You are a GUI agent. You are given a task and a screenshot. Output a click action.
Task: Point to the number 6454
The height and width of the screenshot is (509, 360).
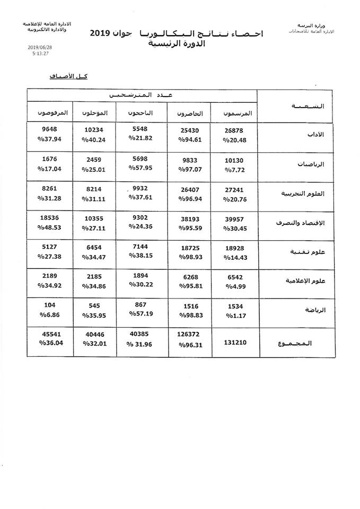coord(96,247)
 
